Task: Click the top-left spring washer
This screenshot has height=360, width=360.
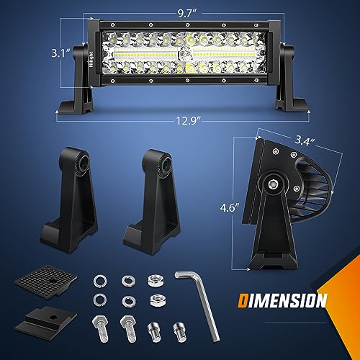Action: pos(100,278)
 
